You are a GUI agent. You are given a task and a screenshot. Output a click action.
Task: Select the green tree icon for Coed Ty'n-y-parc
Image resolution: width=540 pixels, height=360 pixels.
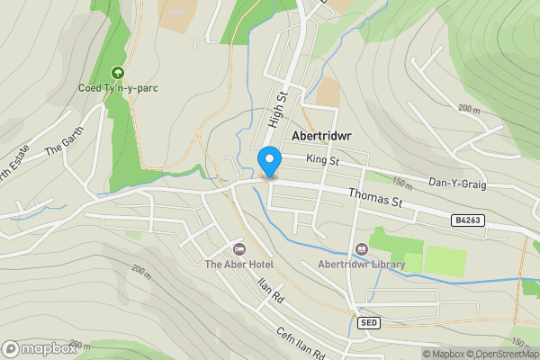[x=116, y=73]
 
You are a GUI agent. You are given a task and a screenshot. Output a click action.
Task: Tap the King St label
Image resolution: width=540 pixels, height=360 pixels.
[x=321, y=160]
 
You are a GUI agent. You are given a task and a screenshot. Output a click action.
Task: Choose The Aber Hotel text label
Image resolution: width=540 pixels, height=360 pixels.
[x=238, y=264]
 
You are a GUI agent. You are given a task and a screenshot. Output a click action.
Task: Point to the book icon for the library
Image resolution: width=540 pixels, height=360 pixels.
[x=362, y=248]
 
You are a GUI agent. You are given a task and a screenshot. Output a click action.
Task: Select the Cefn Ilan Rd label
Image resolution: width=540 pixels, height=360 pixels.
[x=301, y=342]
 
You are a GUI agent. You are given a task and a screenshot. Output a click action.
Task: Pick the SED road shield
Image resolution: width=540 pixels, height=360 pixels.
[x=368, y=321]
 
